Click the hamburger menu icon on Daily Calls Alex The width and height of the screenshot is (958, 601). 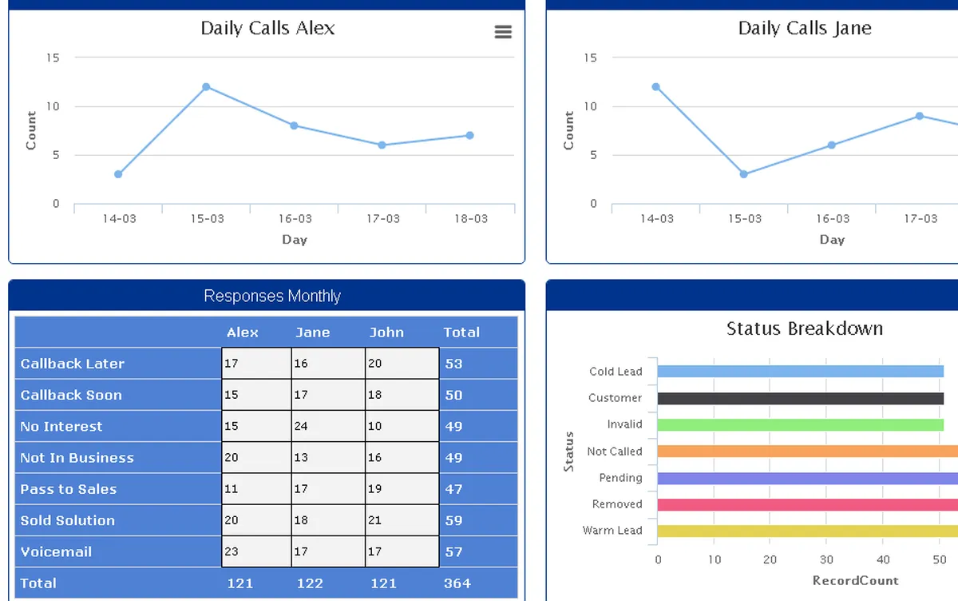point(503,32)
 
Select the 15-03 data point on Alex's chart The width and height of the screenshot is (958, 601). point(206,87)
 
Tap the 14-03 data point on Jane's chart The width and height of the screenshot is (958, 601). point(656,87)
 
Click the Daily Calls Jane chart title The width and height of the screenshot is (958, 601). point(804,29)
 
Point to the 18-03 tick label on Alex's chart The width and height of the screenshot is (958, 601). point(470,218)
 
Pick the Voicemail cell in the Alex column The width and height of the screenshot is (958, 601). point(256,551)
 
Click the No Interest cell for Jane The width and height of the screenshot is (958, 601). point(327,426)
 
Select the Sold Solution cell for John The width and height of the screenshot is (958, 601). point(402,520)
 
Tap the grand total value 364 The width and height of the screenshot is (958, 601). point(457,583)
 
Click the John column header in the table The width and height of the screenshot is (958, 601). point(386,332)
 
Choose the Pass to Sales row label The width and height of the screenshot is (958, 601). point(69,489)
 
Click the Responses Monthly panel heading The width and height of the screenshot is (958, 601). point(271,296)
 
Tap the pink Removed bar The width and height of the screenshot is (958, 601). point(806,504)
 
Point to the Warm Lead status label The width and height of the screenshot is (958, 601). point(612,531)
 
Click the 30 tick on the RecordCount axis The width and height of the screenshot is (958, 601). point(826,559)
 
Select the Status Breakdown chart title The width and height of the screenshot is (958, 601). point(804,328)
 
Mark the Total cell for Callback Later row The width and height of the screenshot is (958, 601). point(454,364)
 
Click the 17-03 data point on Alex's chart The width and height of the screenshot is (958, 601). point(382,145)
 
